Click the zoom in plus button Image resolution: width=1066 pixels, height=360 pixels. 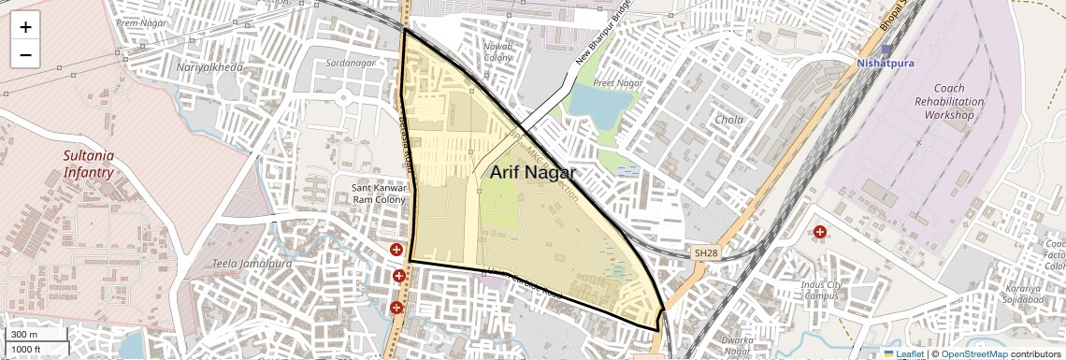[25, 26]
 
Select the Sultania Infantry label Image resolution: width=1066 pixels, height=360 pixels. [89, 165]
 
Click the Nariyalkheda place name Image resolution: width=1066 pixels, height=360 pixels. [209, 67]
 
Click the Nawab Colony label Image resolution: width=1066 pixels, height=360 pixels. [497, 51]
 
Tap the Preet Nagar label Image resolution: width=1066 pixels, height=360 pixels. [617, 83]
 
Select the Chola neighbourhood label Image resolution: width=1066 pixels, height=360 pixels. [729, 120]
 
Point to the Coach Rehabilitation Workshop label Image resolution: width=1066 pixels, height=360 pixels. [949, 101]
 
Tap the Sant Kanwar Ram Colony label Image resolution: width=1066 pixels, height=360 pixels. [378, 194]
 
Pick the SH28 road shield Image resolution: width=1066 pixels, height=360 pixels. [706, 252]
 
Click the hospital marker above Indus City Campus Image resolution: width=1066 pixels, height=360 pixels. [820, 232]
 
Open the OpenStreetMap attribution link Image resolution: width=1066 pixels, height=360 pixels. [973, 353]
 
